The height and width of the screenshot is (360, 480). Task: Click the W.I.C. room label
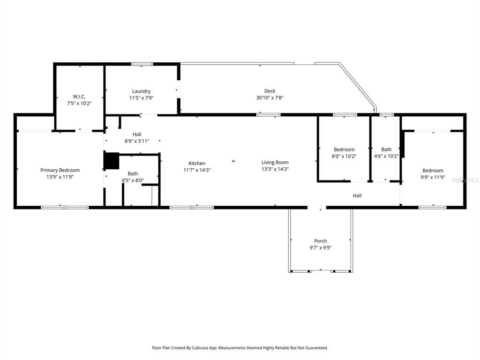pyautogui.click(x=79, y=97)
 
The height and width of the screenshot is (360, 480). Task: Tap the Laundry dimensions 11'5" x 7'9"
pyautogui.click(x=141, y=98)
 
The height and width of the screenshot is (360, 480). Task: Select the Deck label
pyautogui.click(x=270, y=91)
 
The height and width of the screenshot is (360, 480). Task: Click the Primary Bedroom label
pyautogui.click(x=60, y=170)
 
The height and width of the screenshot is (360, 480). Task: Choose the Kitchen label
pyautogui.click(x=197, y=163)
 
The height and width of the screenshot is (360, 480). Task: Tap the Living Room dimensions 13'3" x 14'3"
pyautogui.click(x=275, y=170)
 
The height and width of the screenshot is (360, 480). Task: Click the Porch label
pyautogui.click(x=321, y=241)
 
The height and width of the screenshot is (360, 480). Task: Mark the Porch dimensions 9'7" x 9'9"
pyautogui.click(x=321, y=248)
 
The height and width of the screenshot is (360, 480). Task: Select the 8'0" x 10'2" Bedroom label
pyautogui.click(x=344, y=150)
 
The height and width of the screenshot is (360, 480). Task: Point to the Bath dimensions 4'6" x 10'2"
pyautogui.click(x=386, y=157)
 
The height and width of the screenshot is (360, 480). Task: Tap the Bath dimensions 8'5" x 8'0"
pyautogui.click(x=133, y=180)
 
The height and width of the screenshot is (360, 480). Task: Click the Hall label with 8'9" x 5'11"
pyautogui.click(x=136, y=134)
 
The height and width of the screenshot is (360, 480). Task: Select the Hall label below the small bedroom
pyautogui.click(x=357, y=195)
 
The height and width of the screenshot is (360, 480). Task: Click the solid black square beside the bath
pyautogui.click(x=112, y=161)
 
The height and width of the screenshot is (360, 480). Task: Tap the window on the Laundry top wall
pyautogui.click(x=142, y=64)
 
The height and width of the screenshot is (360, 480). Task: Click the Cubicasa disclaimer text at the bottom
pyautogui.click(x=240, y=348)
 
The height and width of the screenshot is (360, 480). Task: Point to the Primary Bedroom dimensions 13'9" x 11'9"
pyautogui.click(x=60, y=177)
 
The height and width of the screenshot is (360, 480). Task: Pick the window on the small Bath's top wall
pyautogui.click(x=387, y=114)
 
